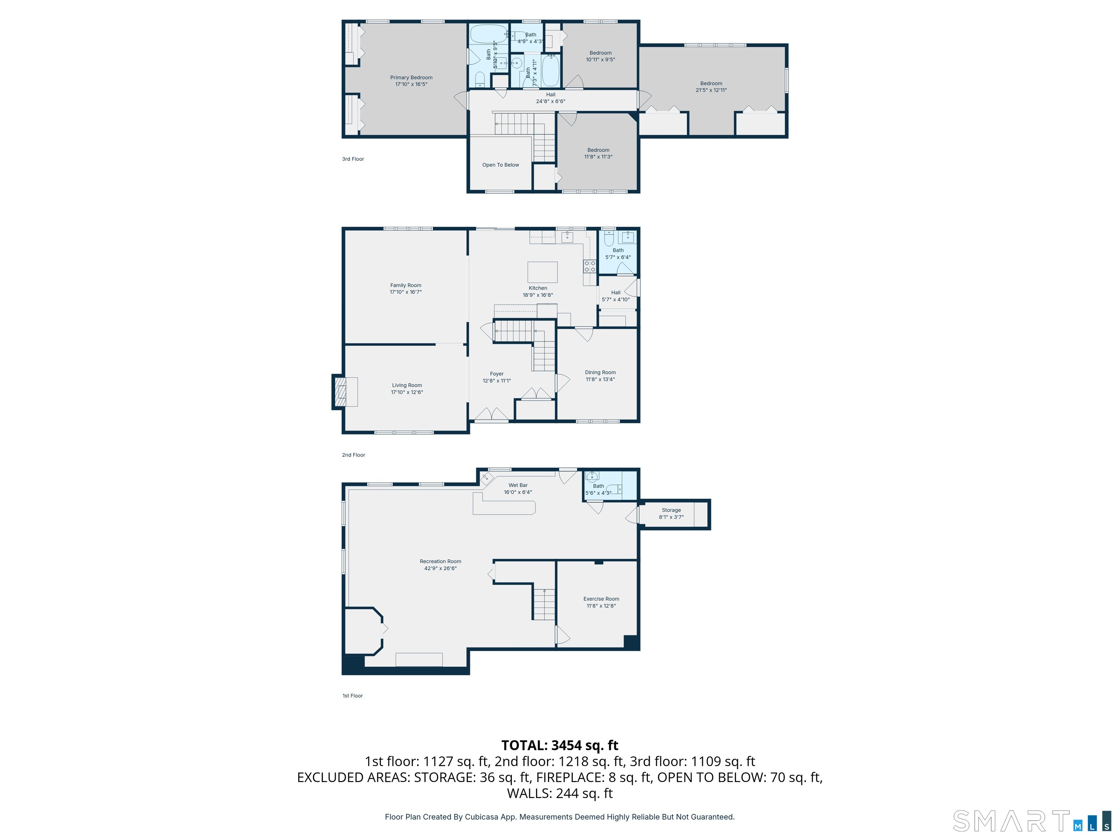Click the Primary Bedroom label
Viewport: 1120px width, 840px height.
411,77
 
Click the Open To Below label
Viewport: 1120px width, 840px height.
500,165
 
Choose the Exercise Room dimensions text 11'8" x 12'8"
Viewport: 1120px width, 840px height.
601,606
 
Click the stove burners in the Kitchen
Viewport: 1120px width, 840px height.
590,267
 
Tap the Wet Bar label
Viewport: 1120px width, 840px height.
518,485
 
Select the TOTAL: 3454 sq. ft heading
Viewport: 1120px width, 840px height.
560,745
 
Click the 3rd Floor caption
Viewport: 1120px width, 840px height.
353,159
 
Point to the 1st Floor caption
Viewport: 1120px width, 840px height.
353,696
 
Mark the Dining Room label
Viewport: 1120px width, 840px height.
600,372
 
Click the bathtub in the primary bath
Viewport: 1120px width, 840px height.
488,34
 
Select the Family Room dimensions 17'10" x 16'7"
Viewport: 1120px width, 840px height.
405,292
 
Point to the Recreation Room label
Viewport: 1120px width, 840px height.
440,561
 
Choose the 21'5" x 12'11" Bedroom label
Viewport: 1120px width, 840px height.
711,83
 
